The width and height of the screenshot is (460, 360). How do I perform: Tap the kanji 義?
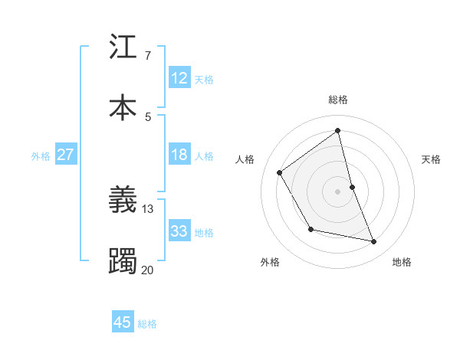click(x=123, y=201)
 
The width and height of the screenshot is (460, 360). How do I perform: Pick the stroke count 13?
click(x=148, y=208)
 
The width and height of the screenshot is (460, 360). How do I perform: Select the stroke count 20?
click(x=148, y=269)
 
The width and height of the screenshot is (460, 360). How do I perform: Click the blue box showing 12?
click(x=179, y=78)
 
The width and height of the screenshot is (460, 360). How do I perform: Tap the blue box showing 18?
click(x=179, y=155)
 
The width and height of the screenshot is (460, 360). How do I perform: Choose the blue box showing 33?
click(x=179, y=231)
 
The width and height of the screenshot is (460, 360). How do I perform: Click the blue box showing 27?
click(x=66, y=155)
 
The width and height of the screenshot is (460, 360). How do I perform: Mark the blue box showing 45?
click(x=123, y=322)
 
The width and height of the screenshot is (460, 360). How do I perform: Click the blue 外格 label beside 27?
click(x=41, y=156)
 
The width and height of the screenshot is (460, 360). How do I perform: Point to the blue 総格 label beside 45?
click(x=147, y=324)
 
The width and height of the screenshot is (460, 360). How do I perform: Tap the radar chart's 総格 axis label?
click(x=338, y=100)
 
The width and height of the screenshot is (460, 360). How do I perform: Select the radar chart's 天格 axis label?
click(x=432, y=159)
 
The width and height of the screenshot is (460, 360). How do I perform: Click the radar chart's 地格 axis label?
click(x=402, y=262)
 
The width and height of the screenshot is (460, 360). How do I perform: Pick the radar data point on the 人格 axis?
click(x=280, y=172)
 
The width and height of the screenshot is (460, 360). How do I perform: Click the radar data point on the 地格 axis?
click(x=374, y=242)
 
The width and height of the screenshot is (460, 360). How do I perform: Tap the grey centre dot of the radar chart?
click(x=338, y=191)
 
